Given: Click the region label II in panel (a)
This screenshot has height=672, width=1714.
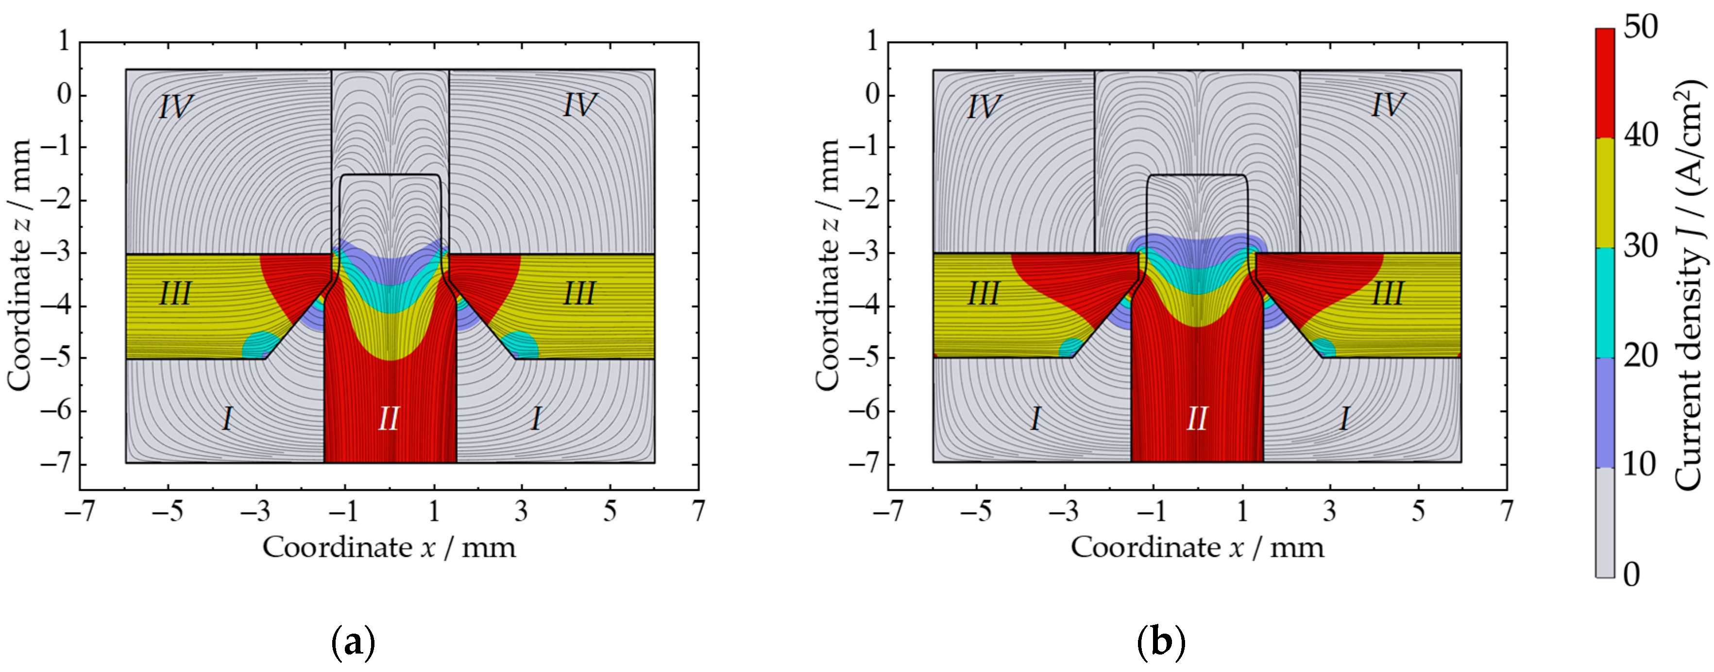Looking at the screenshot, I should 389,419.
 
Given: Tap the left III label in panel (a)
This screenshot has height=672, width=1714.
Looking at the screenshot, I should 175,293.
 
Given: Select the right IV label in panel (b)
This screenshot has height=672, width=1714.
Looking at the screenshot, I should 1388,105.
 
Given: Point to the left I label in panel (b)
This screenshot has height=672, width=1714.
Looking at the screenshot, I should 1035,419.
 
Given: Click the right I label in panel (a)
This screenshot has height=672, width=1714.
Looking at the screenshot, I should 536,419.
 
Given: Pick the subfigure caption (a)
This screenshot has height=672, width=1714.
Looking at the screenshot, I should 353,643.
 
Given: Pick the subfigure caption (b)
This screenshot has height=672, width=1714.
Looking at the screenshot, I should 1161,643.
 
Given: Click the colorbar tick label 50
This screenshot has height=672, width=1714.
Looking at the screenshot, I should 1641,28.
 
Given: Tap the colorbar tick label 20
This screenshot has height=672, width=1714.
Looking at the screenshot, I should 1641,355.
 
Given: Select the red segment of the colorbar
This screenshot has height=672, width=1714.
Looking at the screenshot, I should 1605,83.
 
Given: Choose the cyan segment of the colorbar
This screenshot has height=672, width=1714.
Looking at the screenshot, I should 1605,302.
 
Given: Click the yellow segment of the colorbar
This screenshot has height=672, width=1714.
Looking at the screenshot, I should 1605,193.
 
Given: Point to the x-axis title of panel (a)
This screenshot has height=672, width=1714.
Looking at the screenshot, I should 389,548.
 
